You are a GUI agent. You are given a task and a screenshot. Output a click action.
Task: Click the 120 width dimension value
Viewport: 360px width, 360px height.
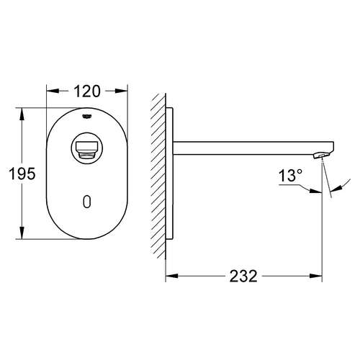(87, 91)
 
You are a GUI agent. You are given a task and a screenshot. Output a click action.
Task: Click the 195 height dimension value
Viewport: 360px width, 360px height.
(22, 174)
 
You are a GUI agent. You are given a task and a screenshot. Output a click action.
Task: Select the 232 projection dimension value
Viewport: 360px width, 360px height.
(243, 276)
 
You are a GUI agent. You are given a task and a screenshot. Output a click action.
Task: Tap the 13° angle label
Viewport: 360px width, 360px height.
(290, 175)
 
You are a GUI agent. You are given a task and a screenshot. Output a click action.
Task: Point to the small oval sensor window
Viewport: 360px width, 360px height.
(87, 202)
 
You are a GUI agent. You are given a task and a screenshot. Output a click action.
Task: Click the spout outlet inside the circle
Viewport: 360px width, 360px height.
(87, 150)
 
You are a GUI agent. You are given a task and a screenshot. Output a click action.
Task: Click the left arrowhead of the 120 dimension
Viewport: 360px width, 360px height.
(53, 91)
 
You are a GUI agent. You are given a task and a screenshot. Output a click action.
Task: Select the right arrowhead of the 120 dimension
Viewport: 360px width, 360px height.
(121, 91)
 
